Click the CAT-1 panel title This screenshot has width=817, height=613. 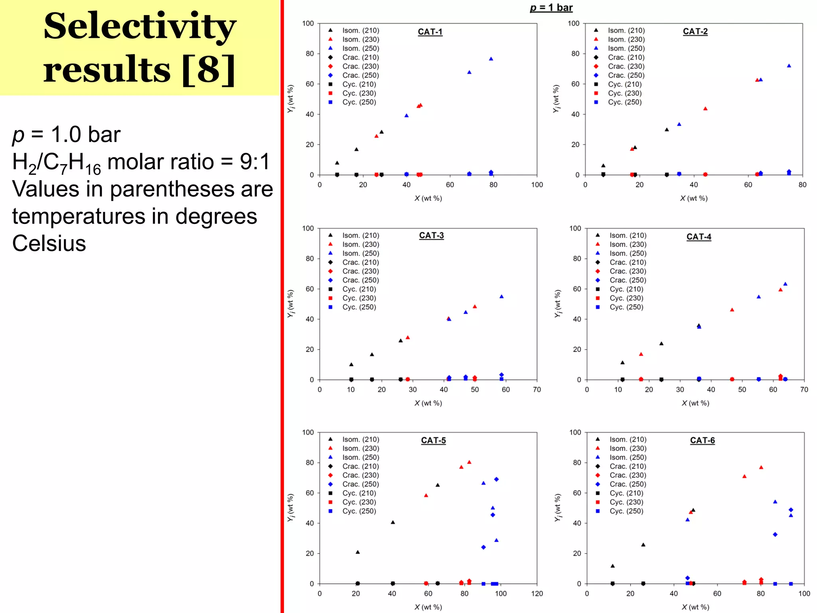(x=430, y=32)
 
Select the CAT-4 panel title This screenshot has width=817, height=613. (x=699, y=237)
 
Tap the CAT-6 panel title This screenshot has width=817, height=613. (x=702, y=440)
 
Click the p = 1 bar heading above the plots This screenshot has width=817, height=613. (x=551, y=8)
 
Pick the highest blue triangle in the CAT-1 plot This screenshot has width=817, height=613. (x=491, y=59)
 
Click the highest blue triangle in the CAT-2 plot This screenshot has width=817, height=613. (x=789, y=66)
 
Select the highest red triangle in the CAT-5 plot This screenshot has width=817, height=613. (x=469, y=463)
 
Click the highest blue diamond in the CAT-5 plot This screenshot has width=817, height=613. (x=496, y=479)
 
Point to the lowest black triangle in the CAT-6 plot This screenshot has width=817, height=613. (x=613, y=566)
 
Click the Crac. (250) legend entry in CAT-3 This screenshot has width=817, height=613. (x=360, y=280)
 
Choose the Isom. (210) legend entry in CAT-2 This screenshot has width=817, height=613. (x=626, y=30)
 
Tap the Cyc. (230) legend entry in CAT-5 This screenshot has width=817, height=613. (x=359, y=502)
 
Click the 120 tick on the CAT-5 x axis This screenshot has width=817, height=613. (x=537, y=593)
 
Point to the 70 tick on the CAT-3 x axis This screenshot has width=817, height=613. (x=537, y=390)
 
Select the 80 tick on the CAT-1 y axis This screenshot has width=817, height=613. (x=310, y=53)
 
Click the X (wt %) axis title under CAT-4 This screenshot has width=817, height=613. (x=695, y=403)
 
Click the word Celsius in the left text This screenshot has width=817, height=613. (x=49, y=243)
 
